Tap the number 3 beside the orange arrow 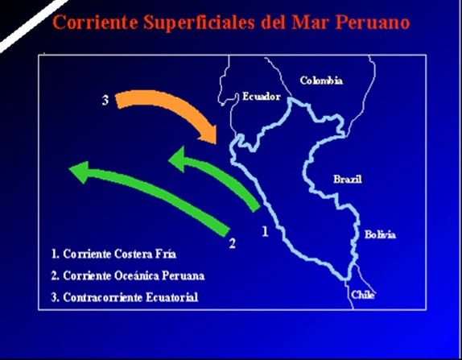pos(105,101)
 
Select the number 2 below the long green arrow pos(233,242)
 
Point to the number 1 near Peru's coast pos(264,231)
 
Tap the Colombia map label pos(321,81)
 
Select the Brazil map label pos(347,179)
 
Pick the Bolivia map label pos(379,234)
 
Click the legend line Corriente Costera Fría pos(112,253)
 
